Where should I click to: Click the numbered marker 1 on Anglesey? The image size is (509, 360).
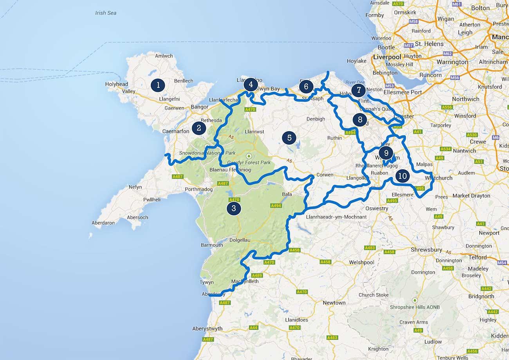tap(158, 85)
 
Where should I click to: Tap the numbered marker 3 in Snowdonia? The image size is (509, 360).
tap(234, 208)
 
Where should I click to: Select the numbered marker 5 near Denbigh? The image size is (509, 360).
tap(289, 137)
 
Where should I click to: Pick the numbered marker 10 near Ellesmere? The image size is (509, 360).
tap(403, 176)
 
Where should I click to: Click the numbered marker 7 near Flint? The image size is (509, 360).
tap(358, 90)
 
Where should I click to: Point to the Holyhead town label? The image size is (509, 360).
tap(117, 84)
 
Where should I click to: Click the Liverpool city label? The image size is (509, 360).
tap(387, 57)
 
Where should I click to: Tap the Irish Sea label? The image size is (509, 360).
tap(106, 13)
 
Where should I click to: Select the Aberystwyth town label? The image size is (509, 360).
tap(208, 329)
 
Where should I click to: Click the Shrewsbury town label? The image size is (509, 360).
tap(426, 250)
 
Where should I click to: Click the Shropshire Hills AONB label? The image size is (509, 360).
tap(415, 308)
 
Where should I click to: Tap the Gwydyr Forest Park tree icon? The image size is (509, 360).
tap(249, 156)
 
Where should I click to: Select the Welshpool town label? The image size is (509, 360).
tap(362, 262)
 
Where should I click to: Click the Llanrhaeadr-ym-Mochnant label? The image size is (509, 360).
tap(336, 217)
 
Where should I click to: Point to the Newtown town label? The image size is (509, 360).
tap(334, 303)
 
